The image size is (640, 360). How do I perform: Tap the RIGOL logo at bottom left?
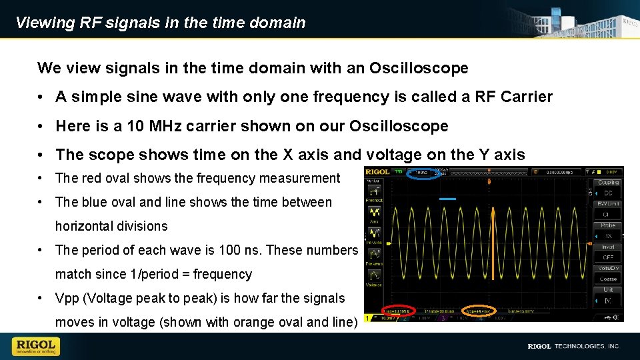pyautogui.click(x=36, y=346)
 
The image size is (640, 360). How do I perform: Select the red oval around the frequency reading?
pyautogui.click(x=398, y=311)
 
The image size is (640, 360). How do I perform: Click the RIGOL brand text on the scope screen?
pyautogui.click(x=377, y=173)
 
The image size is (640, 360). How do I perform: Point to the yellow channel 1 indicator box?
pyautogui.click(x=368, y=319)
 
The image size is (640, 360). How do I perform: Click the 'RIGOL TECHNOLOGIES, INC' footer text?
pyautogui.click(x=573, y=347)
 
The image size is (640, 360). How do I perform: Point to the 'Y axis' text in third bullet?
pyautogui.click(x=501, y=155)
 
